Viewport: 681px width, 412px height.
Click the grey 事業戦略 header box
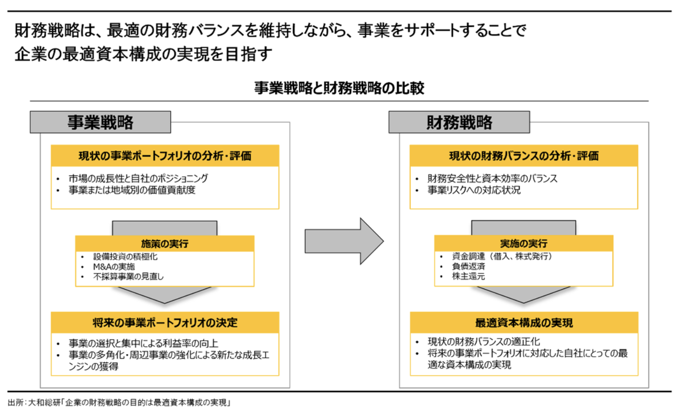click(x=100, y=122)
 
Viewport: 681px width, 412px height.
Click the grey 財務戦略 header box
click(x=459, y=122)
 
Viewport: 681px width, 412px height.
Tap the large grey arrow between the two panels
click(x=343, y=241)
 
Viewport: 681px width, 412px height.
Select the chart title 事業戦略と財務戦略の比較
click(x=339, y=88)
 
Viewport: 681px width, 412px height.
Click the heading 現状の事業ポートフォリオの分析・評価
click(x=165, y=156)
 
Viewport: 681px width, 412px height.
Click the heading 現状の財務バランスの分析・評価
click(x=524, y=156)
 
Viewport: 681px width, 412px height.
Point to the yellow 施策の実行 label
click(x=165, y=243)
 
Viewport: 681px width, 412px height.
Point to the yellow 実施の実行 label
click(x=524, y=243)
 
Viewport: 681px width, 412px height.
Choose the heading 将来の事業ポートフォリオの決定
click(x=165, y=322)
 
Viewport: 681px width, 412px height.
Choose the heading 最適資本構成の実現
click(x=524, y=322)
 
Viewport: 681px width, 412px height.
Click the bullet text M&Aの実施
click(x=114, y=267)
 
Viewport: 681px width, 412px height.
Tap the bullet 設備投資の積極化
click(x=125, y=257)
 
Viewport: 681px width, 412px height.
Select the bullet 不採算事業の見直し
click(x=128, y=276)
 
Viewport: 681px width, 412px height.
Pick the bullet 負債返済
click(x=468, y=266)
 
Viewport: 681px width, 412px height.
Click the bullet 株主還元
click(x=468, y=276)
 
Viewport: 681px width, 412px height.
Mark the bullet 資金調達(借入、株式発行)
click(x=502, y=256)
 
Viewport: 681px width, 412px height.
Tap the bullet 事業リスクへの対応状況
click(x=474, y=190)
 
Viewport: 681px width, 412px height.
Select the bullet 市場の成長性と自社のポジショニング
click(x=138, y=178)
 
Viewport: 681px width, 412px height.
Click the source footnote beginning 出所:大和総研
click(x=119, y=403)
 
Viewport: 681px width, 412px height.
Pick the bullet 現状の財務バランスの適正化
click(x=484, y=342)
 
